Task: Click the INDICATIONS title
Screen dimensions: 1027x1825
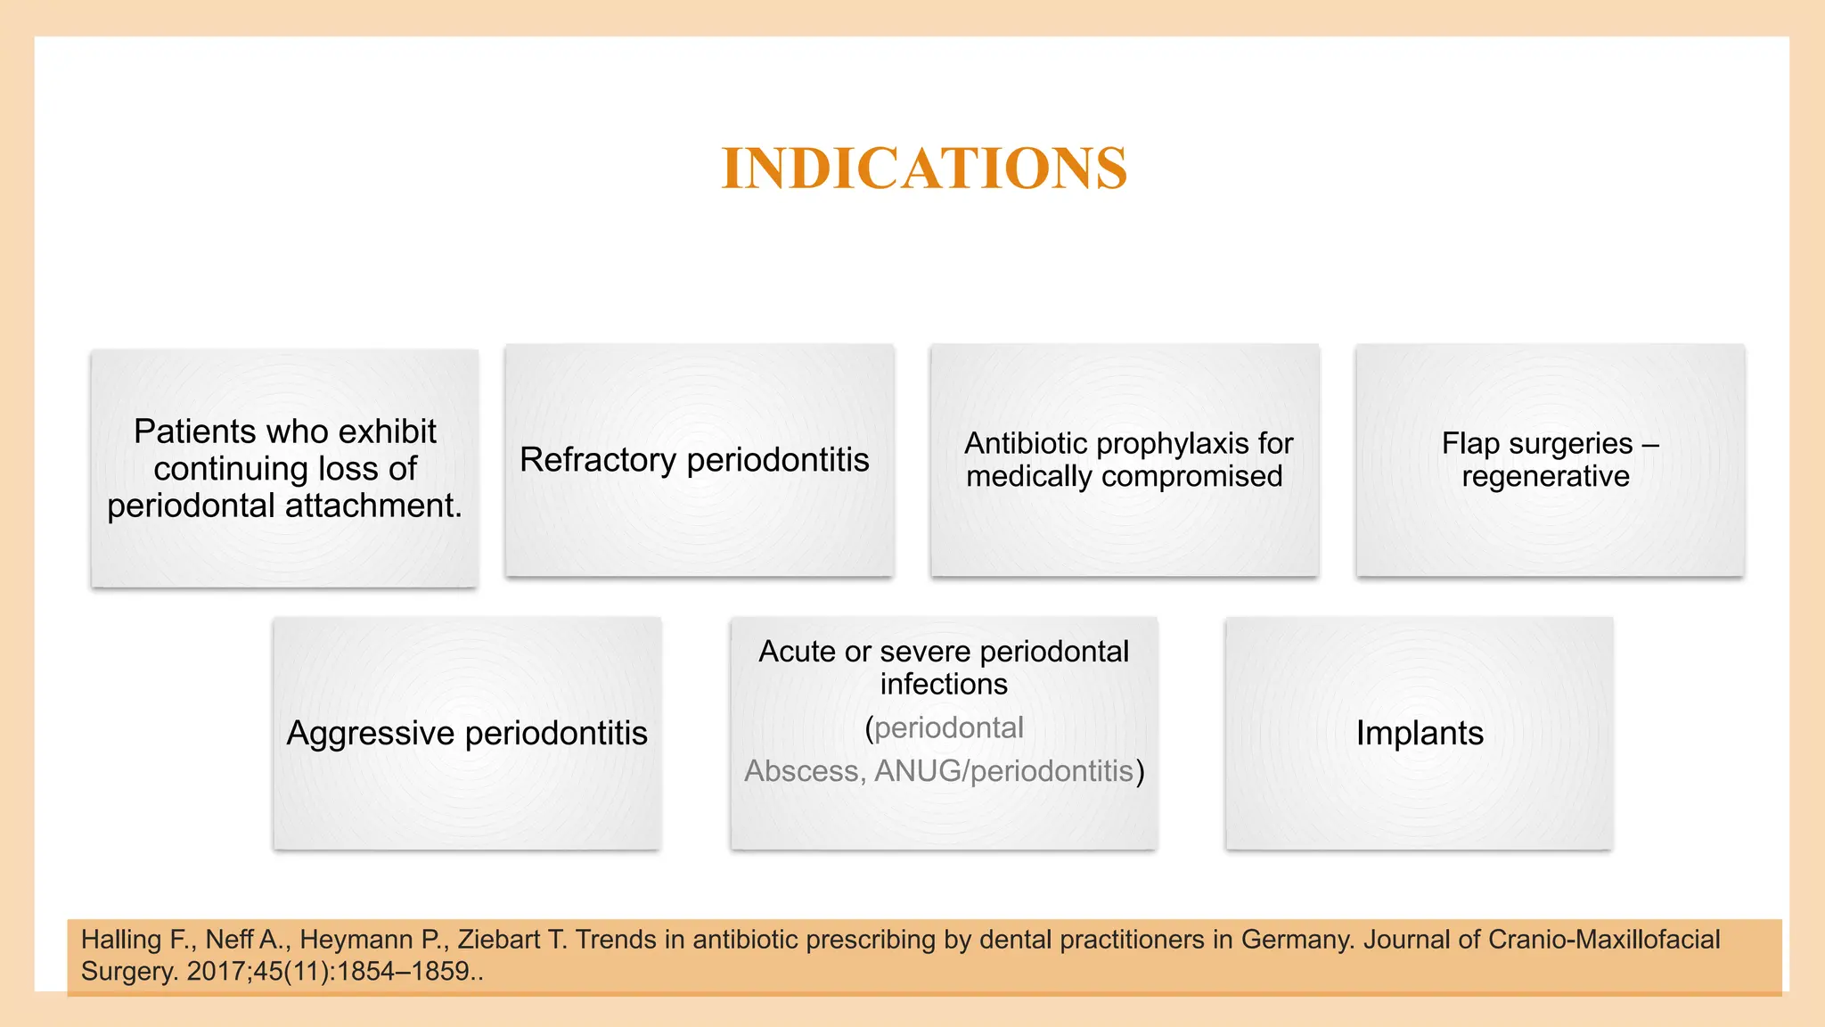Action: tap(924, 168)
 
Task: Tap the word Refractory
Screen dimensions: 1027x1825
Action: tap(598, 460)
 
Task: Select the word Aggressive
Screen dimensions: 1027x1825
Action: tap(371, 734)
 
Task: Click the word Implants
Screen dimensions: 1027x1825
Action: tap(1420, 734)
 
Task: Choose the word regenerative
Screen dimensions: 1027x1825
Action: tap(1545, 477)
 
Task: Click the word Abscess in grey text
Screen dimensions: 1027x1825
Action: tap(801, 771)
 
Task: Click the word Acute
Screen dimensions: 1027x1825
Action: tap(798, 652)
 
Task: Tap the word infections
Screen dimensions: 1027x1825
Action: tap(944, 685)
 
